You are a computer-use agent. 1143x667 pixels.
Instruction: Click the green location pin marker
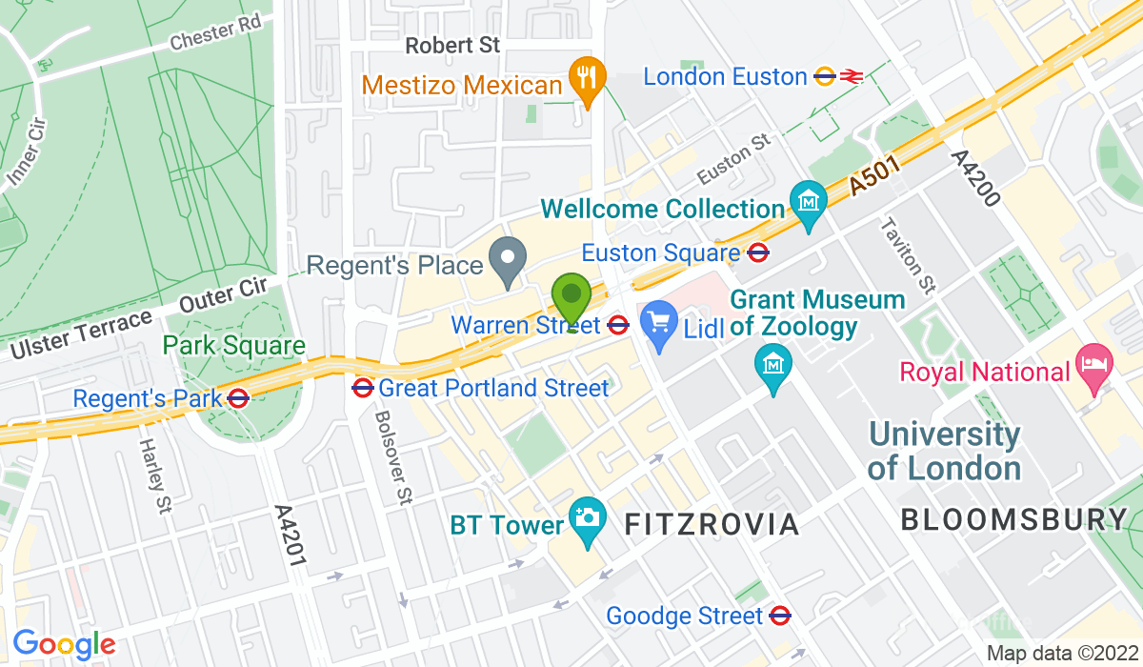point(571,298)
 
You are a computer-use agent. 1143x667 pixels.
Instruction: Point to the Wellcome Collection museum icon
point(809,203)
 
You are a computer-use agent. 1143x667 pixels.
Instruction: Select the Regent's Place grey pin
point(509,259)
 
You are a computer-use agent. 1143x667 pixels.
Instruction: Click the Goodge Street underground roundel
point(781,616)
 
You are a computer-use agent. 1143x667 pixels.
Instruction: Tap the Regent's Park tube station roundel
point(239,398)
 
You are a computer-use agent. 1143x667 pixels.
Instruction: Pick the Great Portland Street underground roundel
point(362,388)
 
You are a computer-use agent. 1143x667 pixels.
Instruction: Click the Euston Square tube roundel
point(759,253)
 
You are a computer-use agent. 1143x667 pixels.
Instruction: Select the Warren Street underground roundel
point(618,325)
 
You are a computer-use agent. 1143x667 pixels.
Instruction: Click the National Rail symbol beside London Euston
point(852,76)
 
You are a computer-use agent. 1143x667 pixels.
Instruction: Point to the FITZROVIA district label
point(712,523)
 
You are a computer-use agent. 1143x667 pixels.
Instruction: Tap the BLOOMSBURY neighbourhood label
point(1013,519)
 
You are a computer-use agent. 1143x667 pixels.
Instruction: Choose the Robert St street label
point(452,45)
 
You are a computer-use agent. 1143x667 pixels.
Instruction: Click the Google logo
point(64,644)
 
